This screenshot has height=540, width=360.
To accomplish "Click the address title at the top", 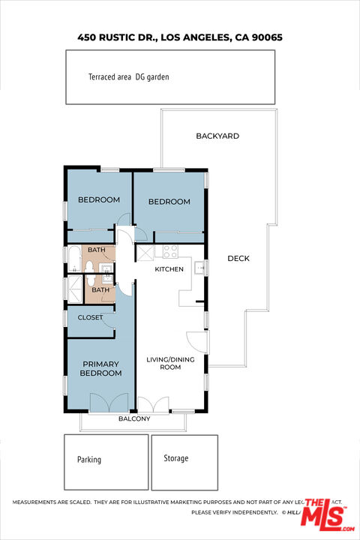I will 180,36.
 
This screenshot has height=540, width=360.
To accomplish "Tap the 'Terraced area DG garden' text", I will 124,76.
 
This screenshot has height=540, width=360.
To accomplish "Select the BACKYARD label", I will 217,136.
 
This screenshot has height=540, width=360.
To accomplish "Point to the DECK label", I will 238,259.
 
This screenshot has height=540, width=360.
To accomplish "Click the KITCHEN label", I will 169,269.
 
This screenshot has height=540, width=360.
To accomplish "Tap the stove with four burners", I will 170,252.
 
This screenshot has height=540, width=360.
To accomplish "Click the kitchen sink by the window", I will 199,268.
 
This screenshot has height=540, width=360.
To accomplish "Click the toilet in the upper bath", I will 89,266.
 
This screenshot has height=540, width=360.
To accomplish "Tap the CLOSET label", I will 90,317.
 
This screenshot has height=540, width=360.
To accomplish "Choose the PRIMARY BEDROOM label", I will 100,368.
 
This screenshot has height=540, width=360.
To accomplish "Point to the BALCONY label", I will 134,418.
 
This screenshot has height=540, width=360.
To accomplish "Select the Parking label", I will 89,460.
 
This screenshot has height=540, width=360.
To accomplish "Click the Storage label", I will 175,458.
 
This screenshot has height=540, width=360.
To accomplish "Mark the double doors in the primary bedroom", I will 110,403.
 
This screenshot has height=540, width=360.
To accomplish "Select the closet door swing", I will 109,320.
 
